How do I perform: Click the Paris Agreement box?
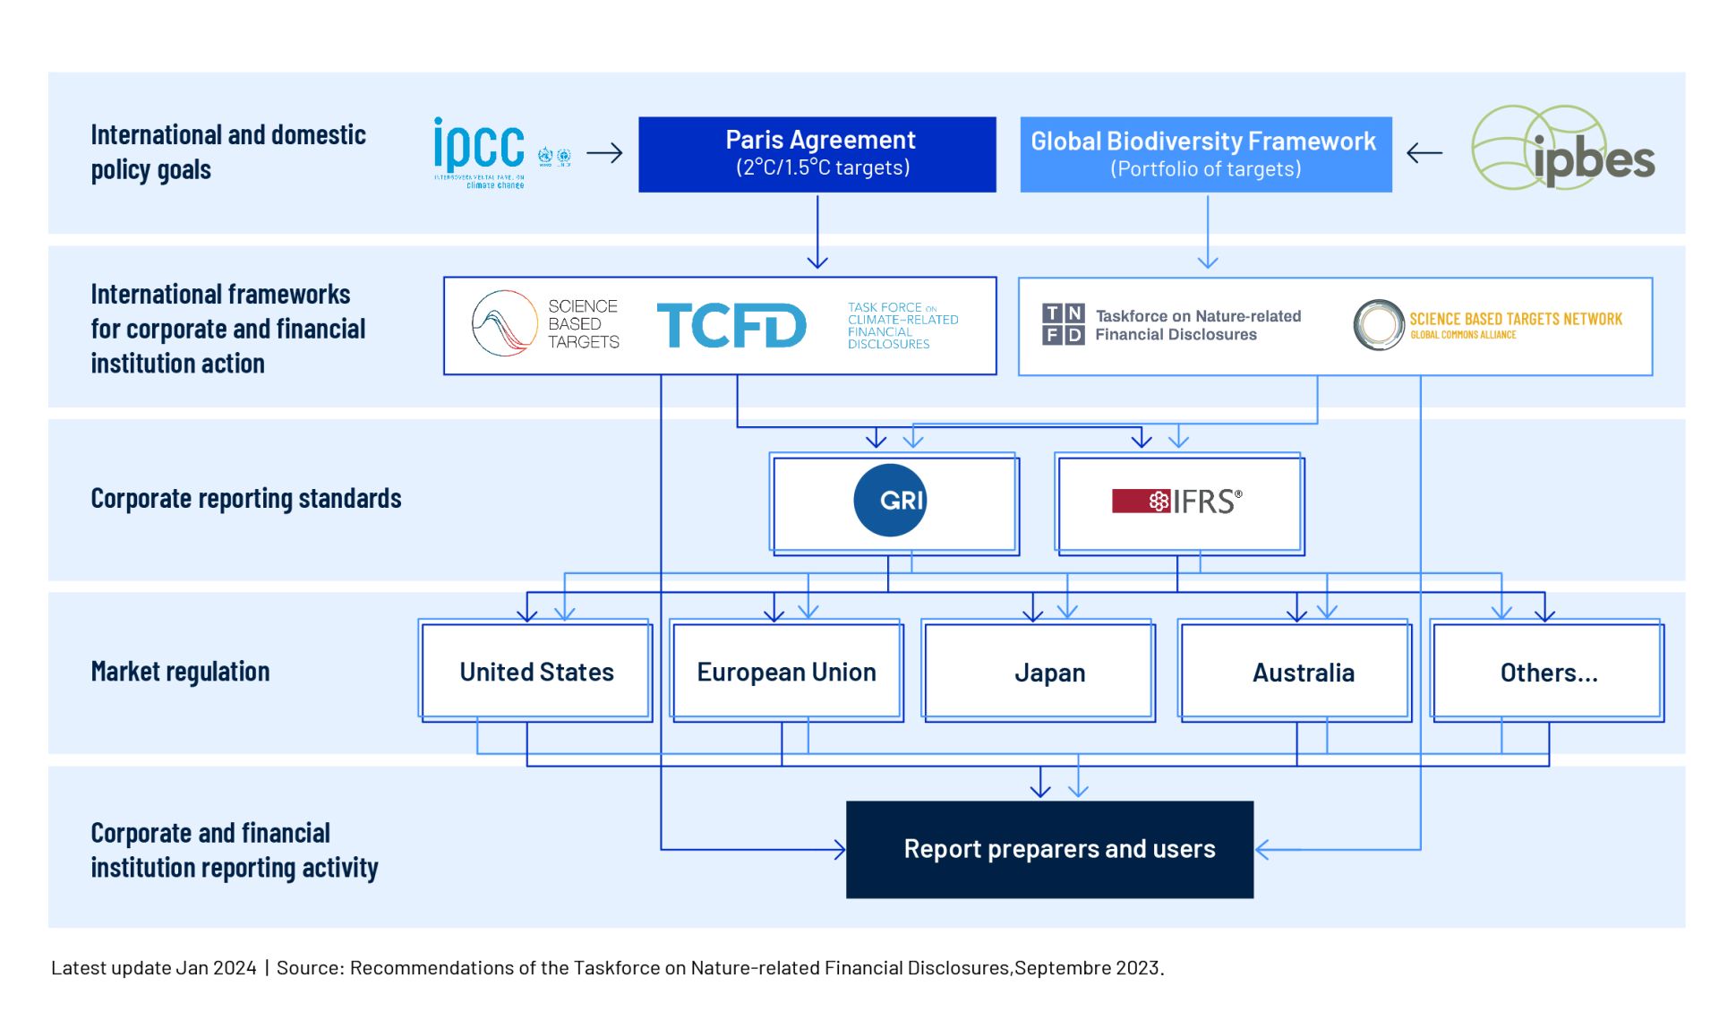pyautogui.click(x=817, y=154)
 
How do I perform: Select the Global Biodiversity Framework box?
pyautogui.click(x=1205, y=154)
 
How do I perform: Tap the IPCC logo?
pyautogui.click(x=480, y=150)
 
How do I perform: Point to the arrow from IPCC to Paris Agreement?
pyautogui.click(x=604, y=153)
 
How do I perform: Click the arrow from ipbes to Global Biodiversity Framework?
pyautogui.click(x=1424, y=153)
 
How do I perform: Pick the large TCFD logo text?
pyautogui.click(x=731, y=325)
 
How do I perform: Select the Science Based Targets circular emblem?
pyautogui.click(x=504, y=323)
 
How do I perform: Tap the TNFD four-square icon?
pyautogui.click(x=1063, y=323)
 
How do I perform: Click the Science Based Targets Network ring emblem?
pyautogui.click(x=1378, y=324)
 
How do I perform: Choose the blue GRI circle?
pyautogui.click(x=890, y=500)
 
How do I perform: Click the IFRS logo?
pyautogui.click(x=1176, y=502)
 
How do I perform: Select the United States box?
pyautogui.click(x=536, y=672)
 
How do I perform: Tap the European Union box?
pyautogui.click(x=786, y=672)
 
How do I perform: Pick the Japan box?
pyautogui.click(x=1049, y=672)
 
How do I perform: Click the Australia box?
pyautogui.click(x=1303, y=672)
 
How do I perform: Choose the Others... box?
pyautogui.click(x=1548, y=672)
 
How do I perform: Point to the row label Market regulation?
pyautogui.click(x=180, y=672)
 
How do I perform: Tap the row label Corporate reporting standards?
pyautogui.click(x=246, y=499)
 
